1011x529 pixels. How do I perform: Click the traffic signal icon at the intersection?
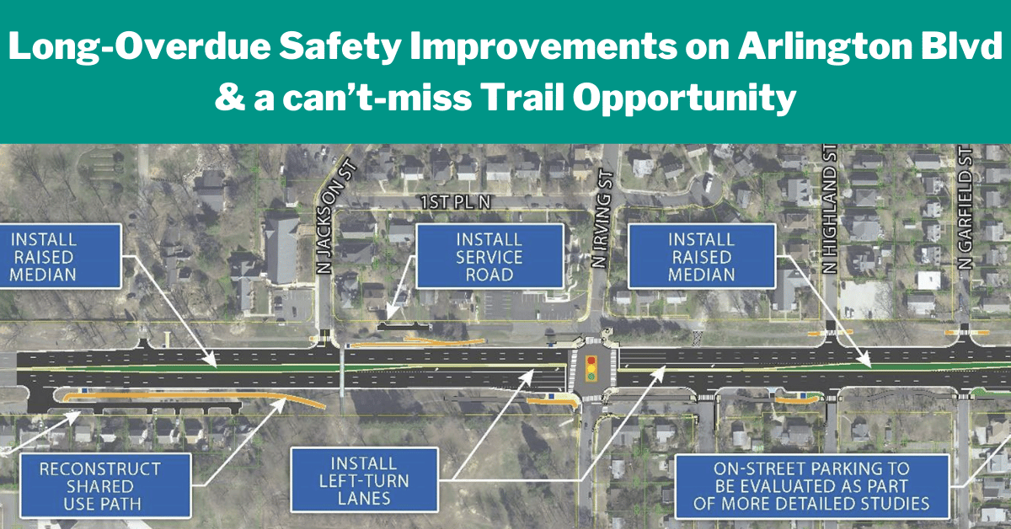pyautogui.click(x=591, y=368)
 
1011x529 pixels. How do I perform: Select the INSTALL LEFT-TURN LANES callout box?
pyautogui.click(x=365, y=480)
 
